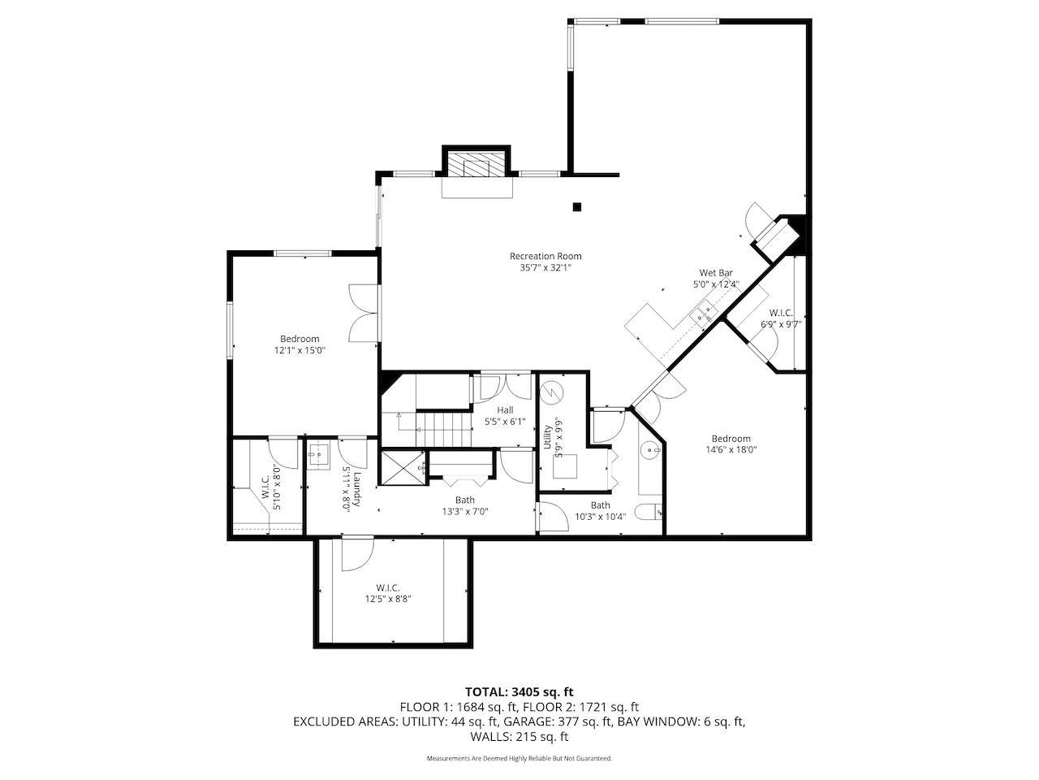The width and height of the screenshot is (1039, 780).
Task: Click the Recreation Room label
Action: (x=545, y=256)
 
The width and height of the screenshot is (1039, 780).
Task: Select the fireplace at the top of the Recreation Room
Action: (x=476, y=166)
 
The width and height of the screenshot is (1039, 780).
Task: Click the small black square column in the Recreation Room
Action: (x=577, y=206)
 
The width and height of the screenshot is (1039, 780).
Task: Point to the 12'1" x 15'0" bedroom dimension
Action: (x=300, y=350)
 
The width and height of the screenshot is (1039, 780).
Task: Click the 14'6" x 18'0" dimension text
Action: (x=731, y=449)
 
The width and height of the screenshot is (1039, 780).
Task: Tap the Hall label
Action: (x=505, y=410)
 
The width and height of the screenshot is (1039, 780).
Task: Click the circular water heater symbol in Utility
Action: (x=550, y=393)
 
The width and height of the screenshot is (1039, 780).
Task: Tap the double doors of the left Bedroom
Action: (x=362, y=313)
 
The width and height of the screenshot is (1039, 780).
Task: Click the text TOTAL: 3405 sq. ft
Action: (x=519, y=692)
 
